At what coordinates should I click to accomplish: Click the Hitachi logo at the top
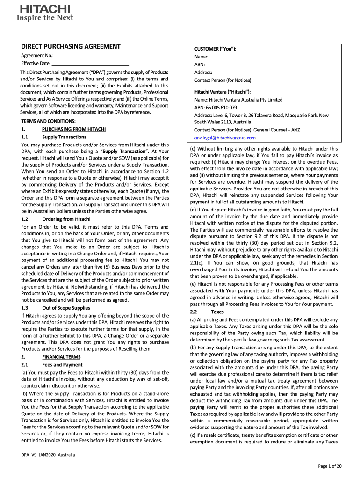(x=45, y=9)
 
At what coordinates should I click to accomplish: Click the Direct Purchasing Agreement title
(x=71, y=47)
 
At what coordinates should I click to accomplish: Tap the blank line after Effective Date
(x=90, y=64)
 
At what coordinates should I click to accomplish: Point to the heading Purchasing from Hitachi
(x=74, y=129)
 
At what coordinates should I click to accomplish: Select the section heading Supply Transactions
(x=64, y=137)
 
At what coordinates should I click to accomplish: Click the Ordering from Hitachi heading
(x=66, y=219)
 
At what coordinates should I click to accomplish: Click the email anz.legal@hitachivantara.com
(x=225, y=138)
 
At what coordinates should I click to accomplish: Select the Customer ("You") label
(x=215, y=49)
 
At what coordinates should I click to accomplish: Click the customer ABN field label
(x=200, y=65)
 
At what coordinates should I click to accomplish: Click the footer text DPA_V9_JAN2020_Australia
(x=48, y=455)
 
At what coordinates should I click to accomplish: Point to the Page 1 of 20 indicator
(x=330, y=466)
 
